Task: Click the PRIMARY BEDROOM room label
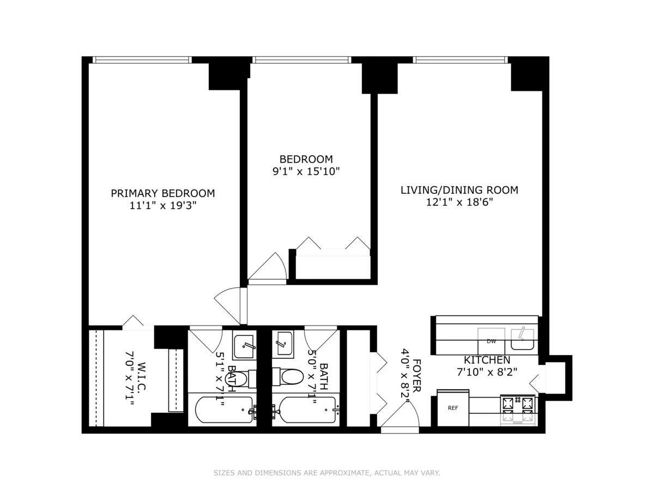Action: (x=162, y=193)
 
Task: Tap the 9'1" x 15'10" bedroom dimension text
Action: (x=306, y=171)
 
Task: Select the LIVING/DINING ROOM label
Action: (x=459, y=190)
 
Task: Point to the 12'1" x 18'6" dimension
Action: (x=459, y=203)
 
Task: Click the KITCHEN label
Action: (x=487, y=360)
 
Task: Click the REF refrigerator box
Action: (x=453, y=408)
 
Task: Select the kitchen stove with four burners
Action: (x=518, y=409)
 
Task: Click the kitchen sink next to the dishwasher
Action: (x=523, y=340)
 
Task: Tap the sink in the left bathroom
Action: (x=244, y=345)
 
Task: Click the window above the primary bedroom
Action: (x=142, y=59)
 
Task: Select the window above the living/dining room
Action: (x=460, y=59)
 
